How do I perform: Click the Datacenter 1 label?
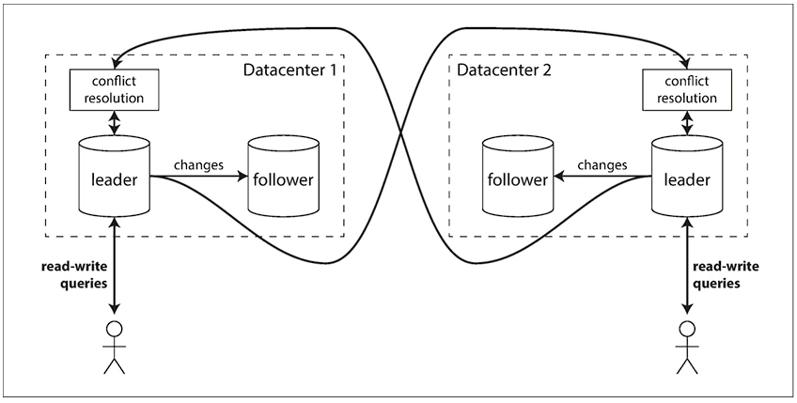click(289, 70)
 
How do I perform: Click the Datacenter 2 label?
click(504, 70)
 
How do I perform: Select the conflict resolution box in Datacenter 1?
click(115, 90)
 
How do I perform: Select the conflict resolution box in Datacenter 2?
click(688, 90)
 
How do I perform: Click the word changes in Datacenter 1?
click(198, 165)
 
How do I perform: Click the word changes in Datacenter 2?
click(602, 165)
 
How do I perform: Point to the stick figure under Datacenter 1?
click(115, 348)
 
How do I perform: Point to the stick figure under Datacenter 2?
click(688, 348)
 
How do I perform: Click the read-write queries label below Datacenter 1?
click(75, 275)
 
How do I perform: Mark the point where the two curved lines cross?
click(401, 133)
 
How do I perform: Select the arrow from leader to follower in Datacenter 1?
click(198, 177)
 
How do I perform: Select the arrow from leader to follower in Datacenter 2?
click(602, 177)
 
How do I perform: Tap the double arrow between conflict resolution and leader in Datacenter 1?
click(115, 122)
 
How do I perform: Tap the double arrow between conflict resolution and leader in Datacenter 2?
click(688, 122)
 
